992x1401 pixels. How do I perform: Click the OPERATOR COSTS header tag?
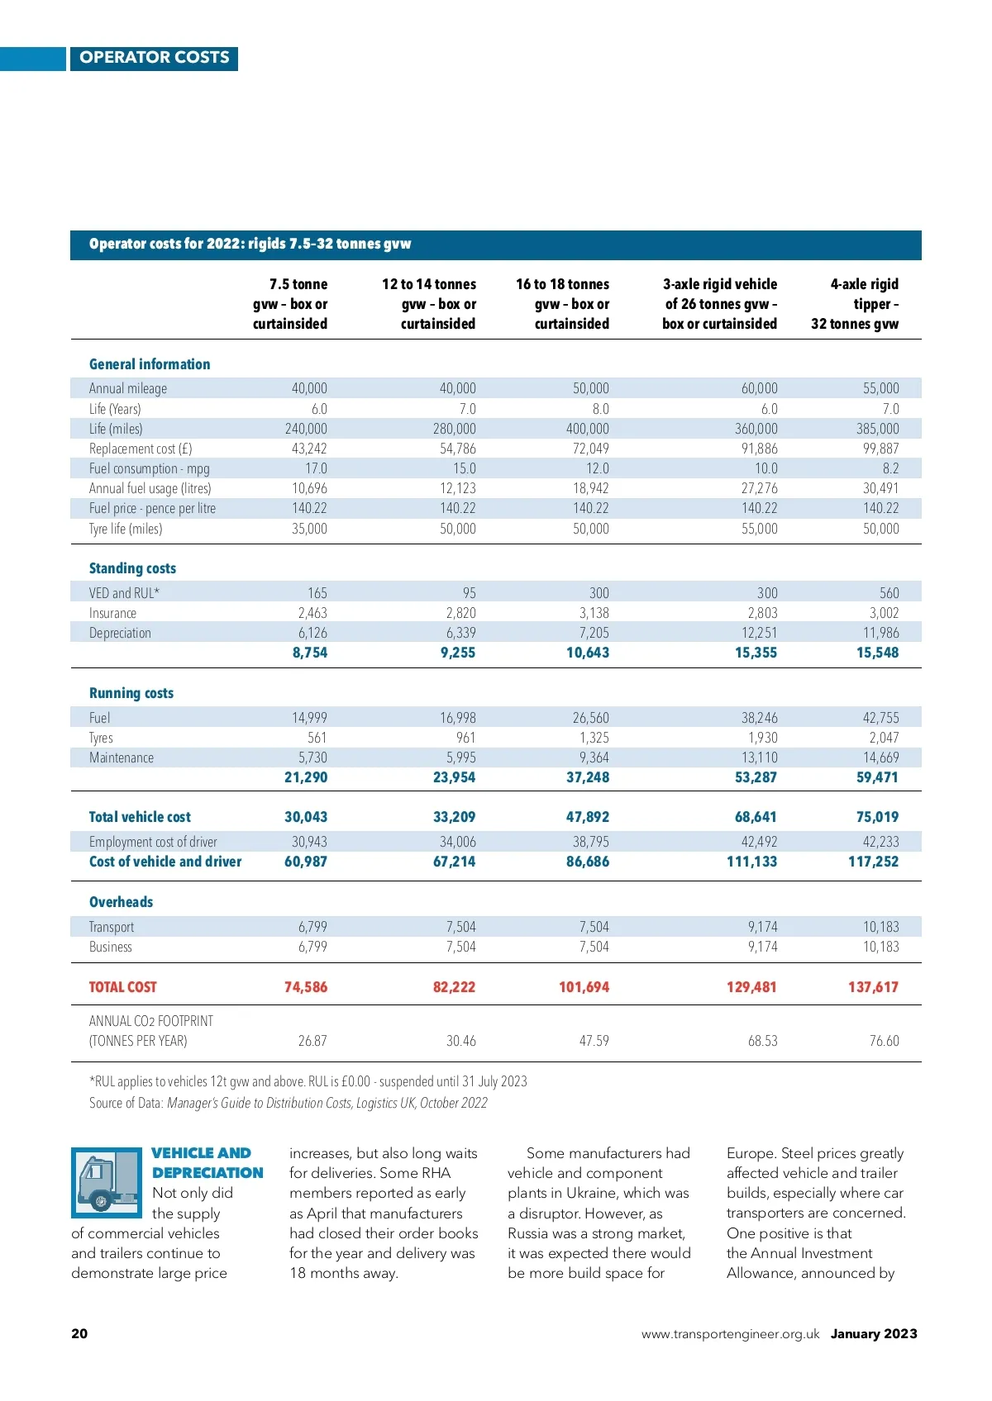click(x=155, y=58)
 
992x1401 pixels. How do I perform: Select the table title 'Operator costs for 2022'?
click(x=250, y=244)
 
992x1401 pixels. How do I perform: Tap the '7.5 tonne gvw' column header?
click(x=290, y=304)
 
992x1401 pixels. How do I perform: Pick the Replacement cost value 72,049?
click(x=590, y=449)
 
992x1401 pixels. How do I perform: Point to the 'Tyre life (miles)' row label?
click(x=126, y=529)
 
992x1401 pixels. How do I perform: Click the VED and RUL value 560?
click(x=889, y=593)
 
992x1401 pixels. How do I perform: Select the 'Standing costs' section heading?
click(x=132, y=568)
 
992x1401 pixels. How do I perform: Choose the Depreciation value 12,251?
click(x=759, y=633)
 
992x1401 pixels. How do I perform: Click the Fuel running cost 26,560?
click(x=590, y=718)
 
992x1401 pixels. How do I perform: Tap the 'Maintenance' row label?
click(x=122, y=757)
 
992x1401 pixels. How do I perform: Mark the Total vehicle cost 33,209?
click(x=454, y=817)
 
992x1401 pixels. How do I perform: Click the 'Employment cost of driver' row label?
click(x=153, y=842)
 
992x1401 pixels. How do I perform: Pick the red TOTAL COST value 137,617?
click(x=873, y=987)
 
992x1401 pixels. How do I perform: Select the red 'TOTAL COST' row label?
click(x=122, y=987)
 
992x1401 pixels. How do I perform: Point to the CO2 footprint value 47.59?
click(x=594, y=1041)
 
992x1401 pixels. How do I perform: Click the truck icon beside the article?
click(x=107, y=1183)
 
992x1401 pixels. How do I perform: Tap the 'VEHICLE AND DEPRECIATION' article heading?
click(x=207, y=1163)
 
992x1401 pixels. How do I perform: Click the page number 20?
click(x=79, y=1333)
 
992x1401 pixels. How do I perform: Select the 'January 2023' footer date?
click(x=874, y=1333)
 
